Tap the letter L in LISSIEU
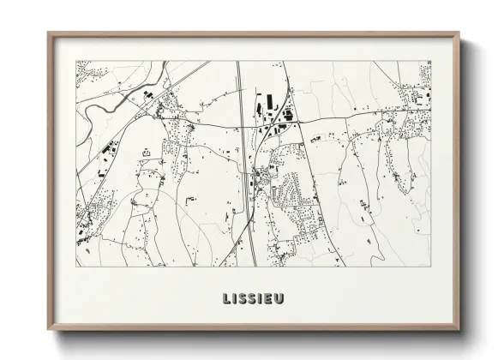[227, 299]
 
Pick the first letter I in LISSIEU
[235, 299]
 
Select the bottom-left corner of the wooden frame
[49, 329]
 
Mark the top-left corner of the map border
[76, 61]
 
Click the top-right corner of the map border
[431, 61]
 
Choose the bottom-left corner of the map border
[76, 267]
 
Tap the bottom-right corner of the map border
[431, 267]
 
